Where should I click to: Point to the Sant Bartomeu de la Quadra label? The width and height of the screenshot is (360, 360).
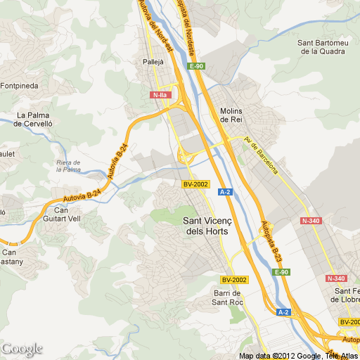coord(323,46)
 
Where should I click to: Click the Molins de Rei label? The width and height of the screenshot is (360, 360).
coord(231,115)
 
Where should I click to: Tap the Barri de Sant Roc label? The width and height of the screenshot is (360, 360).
coord(228,297)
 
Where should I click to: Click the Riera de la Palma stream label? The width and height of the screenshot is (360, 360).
coord(68,166)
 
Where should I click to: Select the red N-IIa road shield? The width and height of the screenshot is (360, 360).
coord(160,94)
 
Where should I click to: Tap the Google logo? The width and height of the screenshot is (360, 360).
coord(22,349)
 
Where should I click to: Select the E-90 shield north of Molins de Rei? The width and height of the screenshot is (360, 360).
coord(196,66)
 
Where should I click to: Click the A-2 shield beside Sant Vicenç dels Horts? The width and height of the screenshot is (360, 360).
coord(226,191)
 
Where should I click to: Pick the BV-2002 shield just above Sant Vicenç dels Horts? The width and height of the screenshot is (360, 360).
coord(195,184)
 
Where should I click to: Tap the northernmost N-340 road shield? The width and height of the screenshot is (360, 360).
coord(311,221)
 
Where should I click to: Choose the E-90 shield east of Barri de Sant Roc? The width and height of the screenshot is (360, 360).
coord(281,272)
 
